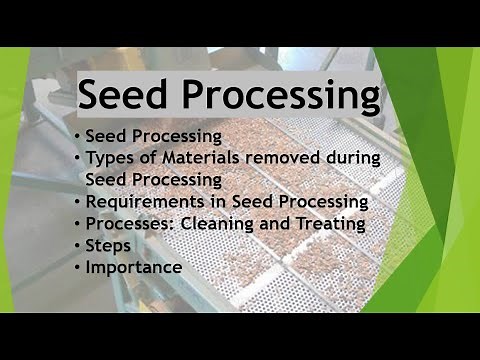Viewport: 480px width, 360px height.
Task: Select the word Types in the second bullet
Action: tap(109, 157)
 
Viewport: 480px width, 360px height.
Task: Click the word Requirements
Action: tap(143, 201)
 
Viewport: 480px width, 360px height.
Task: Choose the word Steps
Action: tap(108, 245)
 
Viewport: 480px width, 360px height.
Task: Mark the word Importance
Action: tap(133, 267)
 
